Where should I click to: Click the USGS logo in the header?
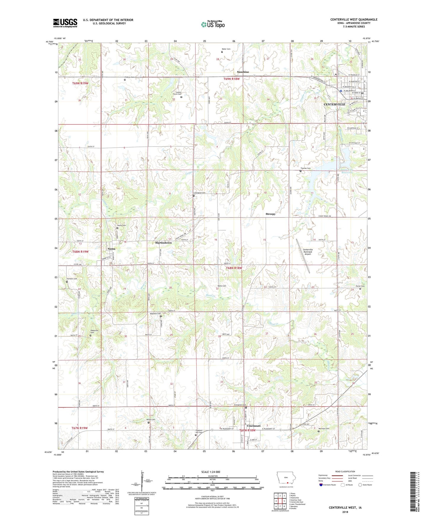pyautogui.click(x=65, y=23)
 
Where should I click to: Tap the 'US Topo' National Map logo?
pyautogui.click(x=213, y=24)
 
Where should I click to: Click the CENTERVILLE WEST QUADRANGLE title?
pyautogui.click(x=354, y=20)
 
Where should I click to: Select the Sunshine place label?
pyautogui.click(x=243, y=72)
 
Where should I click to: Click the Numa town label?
pyautogui.click(x=111, y=249)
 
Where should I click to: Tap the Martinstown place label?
pyautogui.click(x=163, y=243)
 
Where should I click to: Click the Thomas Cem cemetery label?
pyautogui.click(x=306, y=168)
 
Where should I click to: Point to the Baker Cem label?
pyautogui.click(x=226, y=49)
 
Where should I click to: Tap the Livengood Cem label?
pyautogui.click(x=199, y=193)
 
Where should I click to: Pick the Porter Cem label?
pyautogui.click(x=360, y=286)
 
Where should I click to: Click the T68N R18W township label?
pyautogui.click(x=234, y=268)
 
